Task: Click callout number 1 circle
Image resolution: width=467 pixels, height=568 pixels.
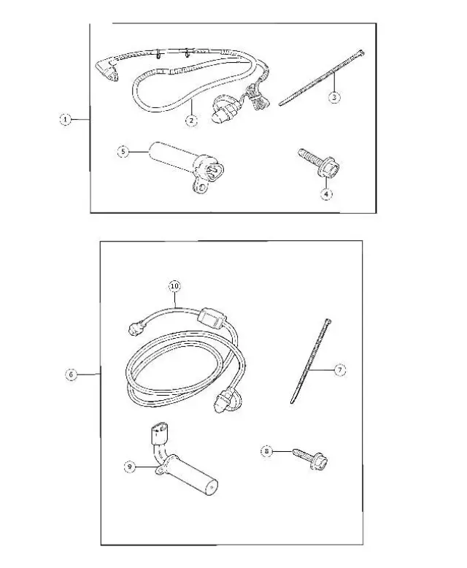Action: (65, 120)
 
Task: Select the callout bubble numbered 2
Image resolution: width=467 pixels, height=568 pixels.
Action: (191, 120)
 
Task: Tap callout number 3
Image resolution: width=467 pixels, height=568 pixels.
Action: (334, 97)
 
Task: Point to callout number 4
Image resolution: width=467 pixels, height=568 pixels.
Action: (326, 193)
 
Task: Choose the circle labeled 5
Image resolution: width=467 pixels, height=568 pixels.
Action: (123, 152)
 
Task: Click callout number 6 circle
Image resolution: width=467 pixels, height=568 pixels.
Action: (72, 375)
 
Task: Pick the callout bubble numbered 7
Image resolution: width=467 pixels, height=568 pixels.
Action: (339, 370)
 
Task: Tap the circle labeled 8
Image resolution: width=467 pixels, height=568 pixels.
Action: (268, 452)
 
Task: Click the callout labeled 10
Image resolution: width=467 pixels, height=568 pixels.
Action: (174, 286)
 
